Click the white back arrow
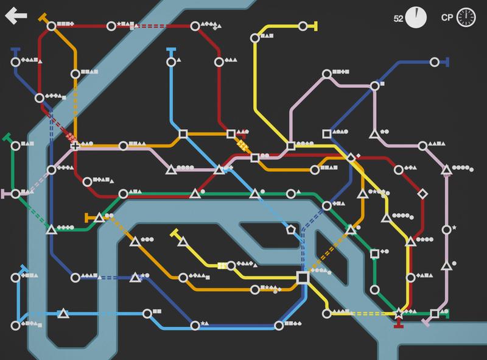pos(16,16)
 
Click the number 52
pos(399,18)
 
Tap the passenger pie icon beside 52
pos(416,17)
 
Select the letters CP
pos(447,18)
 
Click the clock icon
pos(466,17)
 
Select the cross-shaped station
pos(75,146)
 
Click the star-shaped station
pos(399,313)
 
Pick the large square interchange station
pos(303,277)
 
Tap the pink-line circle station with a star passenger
pos(446,229)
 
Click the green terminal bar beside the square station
pos(447,314)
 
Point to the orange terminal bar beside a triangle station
pos(88,216)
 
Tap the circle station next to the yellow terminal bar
pos(303,26)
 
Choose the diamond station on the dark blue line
pos(350,158)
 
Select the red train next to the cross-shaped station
pos(71,136)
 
